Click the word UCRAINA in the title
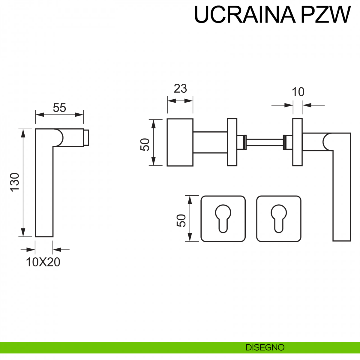(x=244, y=14)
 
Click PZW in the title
(x=325, y=14)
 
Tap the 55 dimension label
(x=59, y=108)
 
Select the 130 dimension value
(x=15, y=182)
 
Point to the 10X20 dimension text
(x=43, y=262)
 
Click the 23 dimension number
(x=180, y=88)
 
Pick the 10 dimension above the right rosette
(x=298, y=92)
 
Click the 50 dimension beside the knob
(x=145, y=145)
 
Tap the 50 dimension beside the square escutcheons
(x=181, y=220)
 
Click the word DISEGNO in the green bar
(x=265, y=348)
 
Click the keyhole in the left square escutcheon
(x=223, y=218)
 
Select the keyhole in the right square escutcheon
(x=279, y=218)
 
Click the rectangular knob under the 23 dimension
(x=180, y=142)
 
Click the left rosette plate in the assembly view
(x=232, y=142)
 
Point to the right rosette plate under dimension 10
(x=298, y=142)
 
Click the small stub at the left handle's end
(x=86, y=138)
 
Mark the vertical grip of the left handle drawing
(x=44, y=192)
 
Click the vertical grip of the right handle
(x=342, y=195)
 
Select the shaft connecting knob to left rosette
(x=210, y=142)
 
